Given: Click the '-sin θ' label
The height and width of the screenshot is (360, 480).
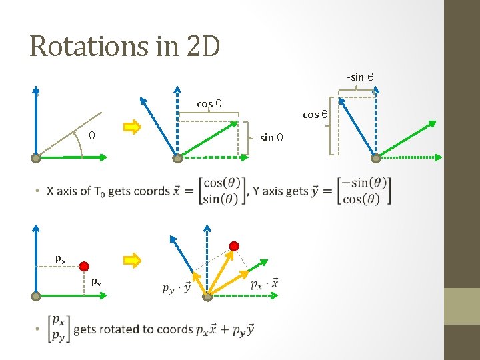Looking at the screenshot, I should coord(359,77).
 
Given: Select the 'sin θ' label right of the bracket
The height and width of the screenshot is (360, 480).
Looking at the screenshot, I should coord(271,138).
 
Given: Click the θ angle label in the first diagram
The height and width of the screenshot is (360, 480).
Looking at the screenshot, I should coord(92,136).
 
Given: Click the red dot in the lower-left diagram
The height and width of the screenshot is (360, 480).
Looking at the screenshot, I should coord(84,267).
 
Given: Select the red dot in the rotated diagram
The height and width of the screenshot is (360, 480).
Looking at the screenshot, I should coord(234,246).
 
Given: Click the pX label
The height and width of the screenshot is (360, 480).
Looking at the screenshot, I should coord(60,259).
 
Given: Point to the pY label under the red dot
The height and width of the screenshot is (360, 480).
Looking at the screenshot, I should coord(97,281).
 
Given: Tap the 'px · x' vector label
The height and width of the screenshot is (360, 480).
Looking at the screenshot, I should coord(264,283).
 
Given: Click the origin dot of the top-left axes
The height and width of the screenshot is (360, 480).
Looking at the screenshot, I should coord(36,159).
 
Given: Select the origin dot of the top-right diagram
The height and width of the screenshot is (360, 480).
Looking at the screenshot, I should coord(375,158).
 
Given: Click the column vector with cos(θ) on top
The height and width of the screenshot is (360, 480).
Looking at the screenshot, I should coord(222,191).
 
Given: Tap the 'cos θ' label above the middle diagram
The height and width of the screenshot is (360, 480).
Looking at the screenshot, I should coord(209,103).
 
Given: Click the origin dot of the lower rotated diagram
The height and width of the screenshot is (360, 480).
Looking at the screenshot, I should coord(207,297).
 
